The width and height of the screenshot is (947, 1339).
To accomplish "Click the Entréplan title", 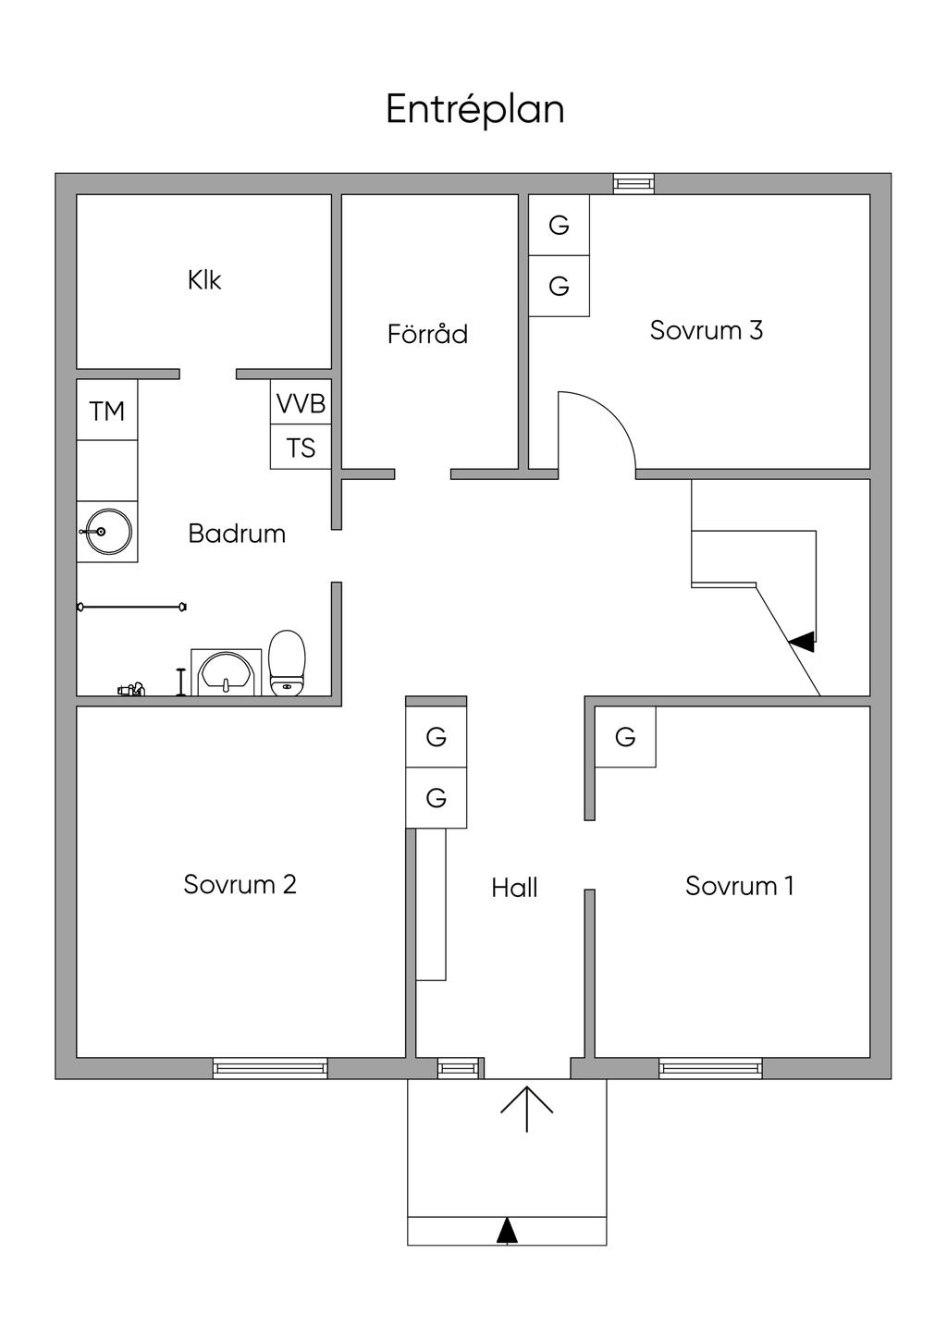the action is [475, 109].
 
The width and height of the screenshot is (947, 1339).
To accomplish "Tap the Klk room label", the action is [204, 280].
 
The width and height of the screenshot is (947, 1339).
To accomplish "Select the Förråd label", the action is [427, 333].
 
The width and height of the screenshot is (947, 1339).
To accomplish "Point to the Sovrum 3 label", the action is [706, 330].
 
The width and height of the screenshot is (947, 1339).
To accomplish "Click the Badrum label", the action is [237, 534].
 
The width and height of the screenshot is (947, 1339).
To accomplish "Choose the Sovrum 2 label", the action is [240, 884].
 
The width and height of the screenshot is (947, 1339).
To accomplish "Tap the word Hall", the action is [514, 888].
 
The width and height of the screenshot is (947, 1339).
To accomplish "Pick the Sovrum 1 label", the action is [740, 885].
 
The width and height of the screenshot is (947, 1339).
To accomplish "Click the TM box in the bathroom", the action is [107, 410].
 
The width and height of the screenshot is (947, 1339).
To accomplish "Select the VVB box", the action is [301, 402].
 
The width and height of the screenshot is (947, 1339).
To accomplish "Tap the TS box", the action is [301, 448].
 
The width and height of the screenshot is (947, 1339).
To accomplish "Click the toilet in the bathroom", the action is [287, 663].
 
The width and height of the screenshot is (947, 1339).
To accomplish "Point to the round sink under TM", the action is [107, 532].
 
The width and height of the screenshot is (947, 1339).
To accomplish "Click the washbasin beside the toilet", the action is [227, 672].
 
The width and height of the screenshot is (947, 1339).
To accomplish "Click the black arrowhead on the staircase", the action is [802, 642].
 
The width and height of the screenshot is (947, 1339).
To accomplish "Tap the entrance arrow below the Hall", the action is [527, 1109].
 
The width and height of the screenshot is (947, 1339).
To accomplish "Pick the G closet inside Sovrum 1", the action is [625, 737].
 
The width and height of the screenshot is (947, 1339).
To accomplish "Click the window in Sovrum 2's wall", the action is [270, 1068].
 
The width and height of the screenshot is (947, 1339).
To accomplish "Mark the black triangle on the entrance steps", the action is [507, 1232].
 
